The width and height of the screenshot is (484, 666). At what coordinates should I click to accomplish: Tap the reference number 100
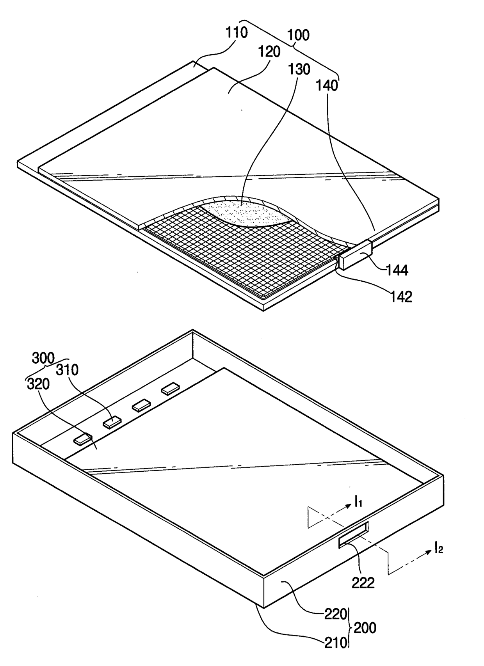[x=298, y=35]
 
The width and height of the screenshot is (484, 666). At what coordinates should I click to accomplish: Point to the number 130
[x=299, y=69]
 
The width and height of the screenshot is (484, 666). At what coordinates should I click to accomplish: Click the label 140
[x=327, y=85]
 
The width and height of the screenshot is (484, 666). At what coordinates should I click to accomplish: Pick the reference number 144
[x=397, y=270]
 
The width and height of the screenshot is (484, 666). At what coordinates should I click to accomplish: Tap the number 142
[x=401, y=297]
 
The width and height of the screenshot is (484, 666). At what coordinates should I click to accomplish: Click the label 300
[x=43, y=358]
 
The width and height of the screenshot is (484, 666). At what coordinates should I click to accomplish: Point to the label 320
[x=38, y=384]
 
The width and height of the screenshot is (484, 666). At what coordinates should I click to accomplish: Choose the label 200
[x=365, y=628]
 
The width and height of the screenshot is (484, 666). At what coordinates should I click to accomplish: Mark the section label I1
[x=358, y=503]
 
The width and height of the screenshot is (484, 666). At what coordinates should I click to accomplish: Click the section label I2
[x=439, y=550]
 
